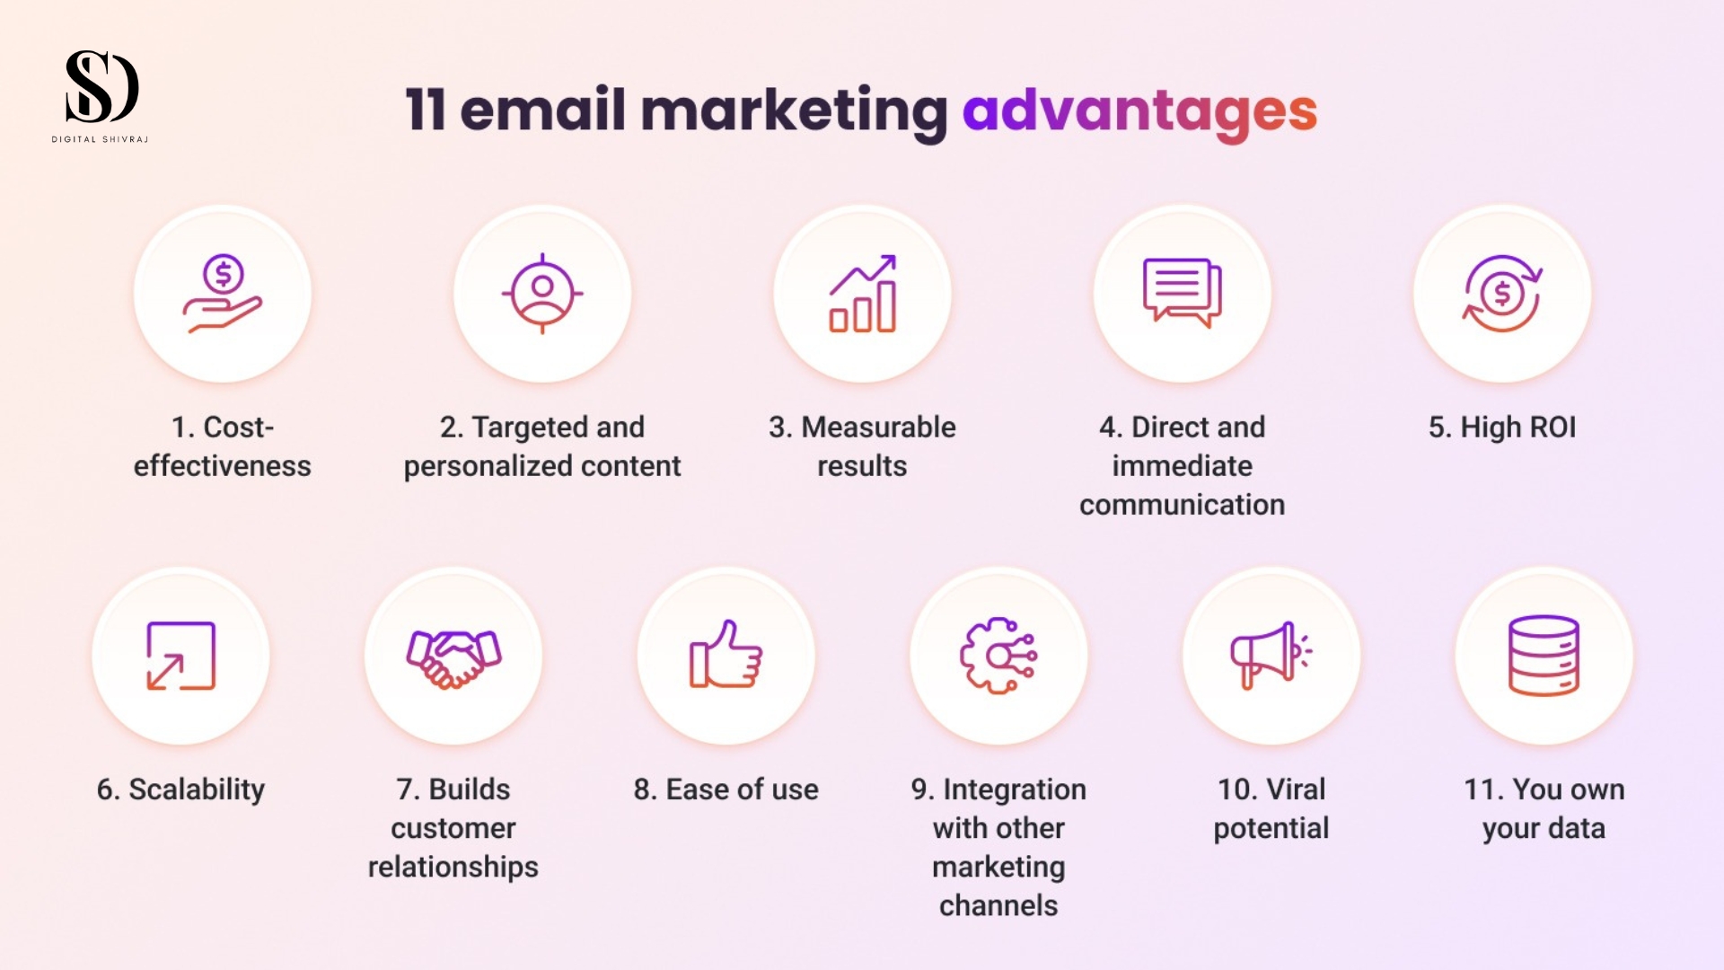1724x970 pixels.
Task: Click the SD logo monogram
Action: tap(101, 86)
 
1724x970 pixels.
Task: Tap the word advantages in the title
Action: tap(1139, 111)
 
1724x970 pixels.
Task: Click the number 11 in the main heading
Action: tap(426, 110)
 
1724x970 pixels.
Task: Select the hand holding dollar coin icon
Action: tap(223, 294)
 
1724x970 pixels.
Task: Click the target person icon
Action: tap(542, 294)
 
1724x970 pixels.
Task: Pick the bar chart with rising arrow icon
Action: tap(862, 294)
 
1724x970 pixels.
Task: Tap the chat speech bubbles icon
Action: tap(1182, 293)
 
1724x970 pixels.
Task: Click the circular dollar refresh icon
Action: tap(1502, 294)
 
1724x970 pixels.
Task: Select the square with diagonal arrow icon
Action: tap(180, 656)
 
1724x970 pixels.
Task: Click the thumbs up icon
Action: tap(726, 654)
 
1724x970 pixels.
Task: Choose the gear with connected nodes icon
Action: tap(998, 656)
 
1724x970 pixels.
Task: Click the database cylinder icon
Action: tap(1544, 656)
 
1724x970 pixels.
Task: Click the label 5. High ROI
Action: tap(1502, 428)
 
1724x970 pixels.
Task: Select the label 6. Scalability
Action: tap(180, 789)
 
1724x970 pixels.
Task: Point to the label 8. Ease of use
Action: tap(726, 789)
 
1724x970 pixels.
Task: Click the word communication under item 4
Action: tap(1182, 505)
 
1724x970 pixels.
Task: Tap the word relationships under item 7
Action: tap(453, 868)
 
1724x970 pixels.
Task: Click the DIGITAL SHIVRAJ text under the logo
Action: tap(100, 139)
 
